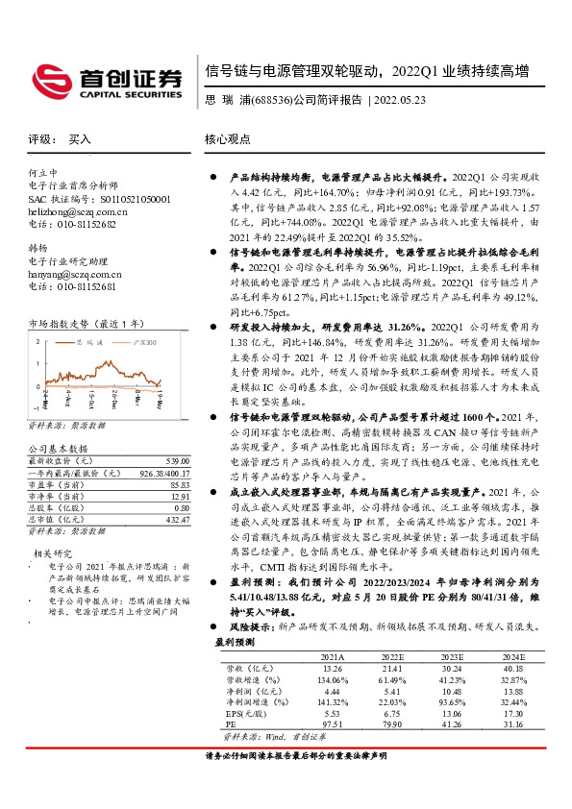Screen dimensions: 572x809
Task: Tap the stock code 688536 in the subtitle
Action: click(267, 100)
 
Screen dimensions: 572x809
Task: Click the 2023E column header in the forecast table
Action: click(452, 655)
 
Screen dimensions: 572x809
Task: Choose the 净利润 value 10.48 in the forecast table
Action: click(452, 691)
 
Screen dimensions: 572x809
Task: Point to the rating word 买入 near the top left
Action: click(80, 139)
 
